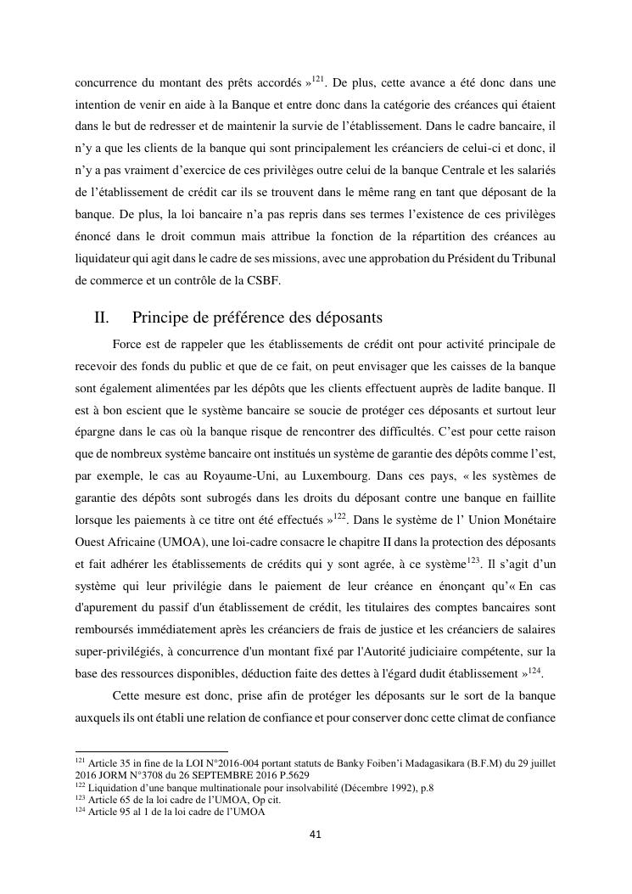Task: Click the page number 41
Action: pyautogui.click(x=315, y=835)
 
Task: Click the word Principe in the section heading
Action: pyautogui.click(x=163, y=318)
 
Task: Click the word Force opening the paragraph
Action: pyautogui.click(x=126, y=346)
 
